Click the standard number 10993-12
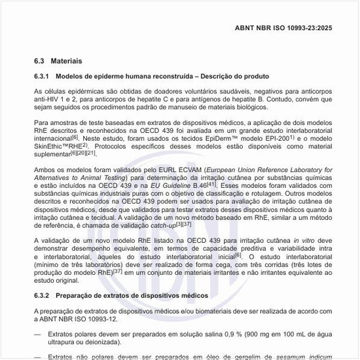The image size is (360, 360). coord(143,319)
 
